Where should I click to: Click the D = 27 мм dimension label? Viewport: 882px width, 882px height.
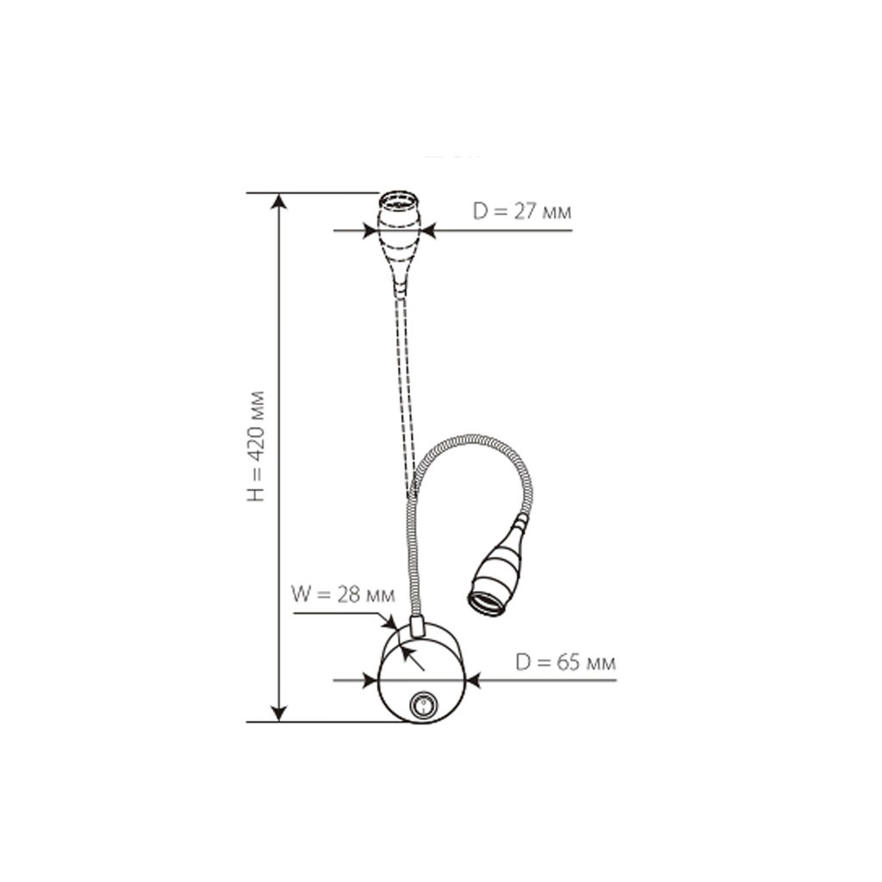pos(522,212)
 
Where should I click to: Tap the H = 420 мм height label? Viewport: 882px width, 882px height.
pos(256,445)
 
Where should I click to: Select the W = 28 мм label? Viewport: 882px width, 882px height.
pos(343,594)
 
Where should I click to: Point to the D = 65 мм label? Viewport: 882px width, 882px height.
pos(565,662)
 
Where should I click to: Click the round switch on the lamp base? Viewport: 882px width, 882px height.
pos(422,705)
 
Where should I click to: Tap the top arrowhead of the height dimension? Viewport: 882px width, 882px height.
pos(279,201)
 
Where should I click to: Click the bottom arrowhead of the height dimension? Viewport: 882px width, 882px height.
pos(279,713)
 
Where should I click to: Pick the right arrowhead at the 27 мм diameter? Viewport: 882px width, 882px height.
pos(429,231)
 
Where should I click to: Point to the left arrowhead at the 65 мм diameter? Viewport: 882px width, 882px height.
pos(370,680)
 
